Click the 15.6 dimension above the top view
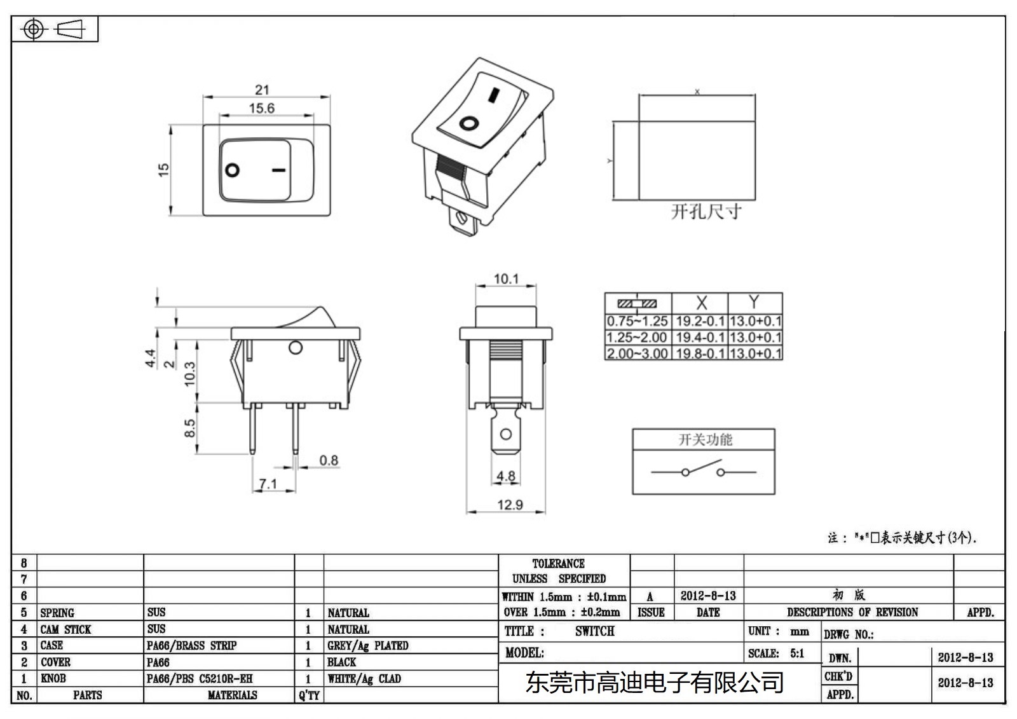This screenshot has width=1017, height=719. click(x=261, y=108)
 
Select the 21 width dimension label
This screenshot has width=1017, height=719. click(x=262, y=90)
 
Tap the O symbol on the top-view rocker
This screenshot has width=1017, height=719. click(x=233, y=170)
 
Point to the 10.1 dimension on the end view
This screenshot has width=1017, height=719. click(x=506, y=278)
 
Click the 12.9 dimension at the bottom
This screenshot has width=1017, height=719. click(x=510, y=505)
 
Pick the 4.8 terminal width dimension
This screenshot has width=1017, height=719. click(x=506, y=476)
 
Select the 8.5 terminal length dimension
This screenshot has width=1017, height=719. click(x=189, y=428)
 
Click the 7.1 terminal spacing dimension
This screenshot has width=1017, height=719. click(x=268, y=484)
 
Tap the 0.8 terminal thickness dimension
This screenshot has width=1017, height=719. click(x=328, y=460)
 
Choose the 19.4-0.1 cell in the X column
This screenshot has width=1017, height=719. click(x=700, y=337)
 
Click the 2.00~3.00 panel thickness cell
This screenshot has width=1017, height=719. click(x=637, y=353)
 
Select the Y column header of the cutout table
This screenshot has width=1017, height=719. click(x=754, y=302)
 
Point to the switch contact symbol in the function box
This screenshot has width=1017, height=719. click(x=703, y=471)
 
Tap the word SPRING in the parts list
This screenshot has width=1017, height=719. click(x=57, y=613)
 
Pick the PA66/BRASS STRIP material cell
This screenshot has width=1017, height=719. click(x=191, y=645)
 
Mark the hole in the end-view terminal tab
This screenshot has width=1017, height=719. click(x=506, y=434)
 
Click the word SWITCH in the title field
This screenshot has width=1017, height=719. click(x=595, y=631)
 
